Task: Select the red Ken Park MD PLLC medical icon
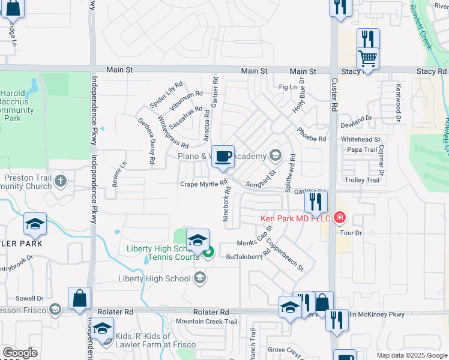(340, 217)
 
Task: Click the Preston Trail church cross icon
(60, 181)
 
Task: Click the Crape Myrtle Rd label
(205, 184)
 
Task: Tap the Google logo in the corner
(20, 353)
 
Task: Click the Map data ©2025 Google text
(412, 355)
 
